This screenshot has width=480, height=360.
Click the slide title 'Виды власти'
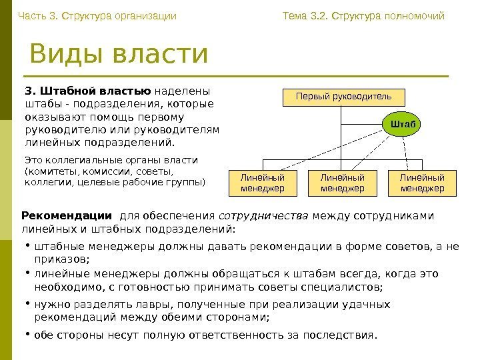pyautogui.click(x=119, y=55)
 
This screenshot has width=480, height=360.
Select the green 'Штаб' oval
pyautogui.click(x=403, y=124)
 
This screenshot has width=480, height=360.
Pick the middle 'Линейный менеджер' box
pyautogui.click(x=342, y=183)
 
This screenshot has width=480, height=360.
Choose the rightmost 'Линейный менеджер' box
pyautogui.click(x=422, y=183)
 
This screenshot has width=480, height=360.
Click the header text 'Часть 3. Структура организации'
pyautogui.click(x=97, y=15)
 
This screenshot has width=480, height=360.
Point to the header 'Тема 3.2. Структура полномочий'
pyautogui.click(x=363, y=15)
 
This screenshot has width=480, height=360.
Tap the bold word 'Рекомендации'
pyautogui.click(x=67, y=216)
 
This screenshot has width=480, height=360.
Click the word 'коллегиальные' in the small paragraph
pyautogui.click(x=79, y=160)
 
